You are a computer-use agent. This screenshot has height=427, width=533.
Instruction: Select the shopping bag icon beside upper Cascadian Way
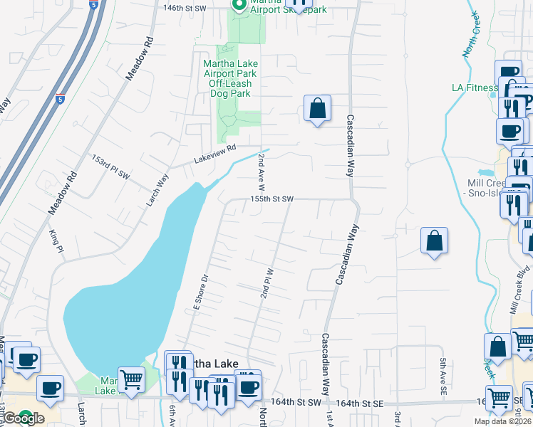coord(317,110)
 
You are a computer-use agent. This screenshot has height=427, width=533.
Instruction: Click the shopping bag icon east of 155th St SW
coord(434,242)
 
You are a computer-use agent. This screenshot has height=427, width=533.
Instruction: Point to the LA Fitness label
coord(474,88)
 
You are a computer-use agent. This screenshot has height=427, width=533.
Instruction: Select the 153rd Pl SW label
coord(110,166)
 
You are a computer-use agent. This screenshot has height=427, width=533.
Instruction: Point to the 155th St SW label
coord(271,200)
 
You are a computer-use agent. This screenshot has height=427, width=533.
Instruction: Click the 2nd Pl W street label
coord(269,283)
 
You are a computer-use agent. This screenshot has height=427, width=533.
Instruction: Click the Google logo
coord(24,418)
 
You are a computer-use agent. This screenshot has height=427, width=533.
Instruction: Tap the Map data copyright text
coord(503,421)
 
